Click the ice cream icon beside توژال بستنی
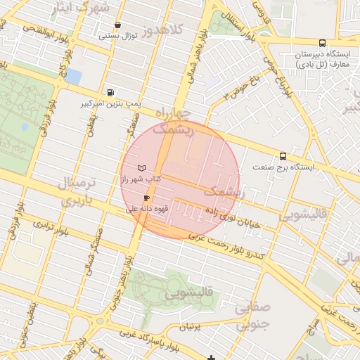coord(117,25)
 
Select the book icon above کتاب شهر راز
coord(143,169)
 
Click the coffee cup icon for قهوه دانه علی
coord(146,198)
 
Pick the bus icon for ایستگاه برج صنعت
coord(283,156)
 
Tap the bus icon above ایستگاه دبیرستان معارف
coord(322,43)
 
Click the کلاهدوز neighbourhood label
coord(161,30)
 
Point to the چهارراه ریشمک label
coord(173,121)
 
